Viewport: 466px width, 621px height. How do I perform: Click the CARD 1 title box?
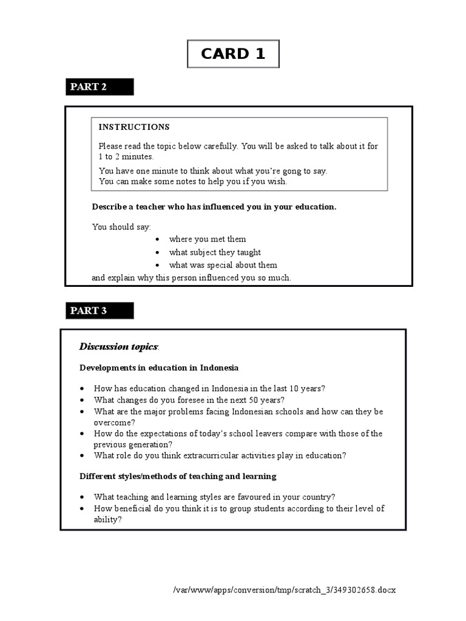233,54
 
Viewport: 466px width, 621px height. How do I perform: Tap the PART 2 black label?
100,87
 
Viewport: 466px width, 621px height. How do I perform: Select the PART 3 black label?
100,310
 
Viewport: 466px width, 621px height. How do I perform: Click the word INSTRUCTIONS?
134,127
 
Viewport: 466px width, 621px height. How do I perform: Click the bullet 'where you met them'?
207,239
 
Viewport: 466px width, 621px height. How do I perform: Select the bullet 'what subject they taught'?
215,252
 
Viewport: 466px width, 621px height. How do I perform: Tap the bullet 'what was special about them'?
223,265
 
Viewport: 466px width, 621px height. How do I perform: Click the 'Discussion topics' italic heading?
119,346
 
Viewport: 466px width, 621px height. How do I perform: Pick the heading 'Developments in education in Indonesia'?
159,368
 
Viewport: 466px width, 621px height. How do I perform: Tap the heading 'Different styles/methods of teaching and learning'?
178,476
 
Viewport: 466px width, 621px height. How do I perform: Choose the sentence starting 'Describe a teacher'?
214,207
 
